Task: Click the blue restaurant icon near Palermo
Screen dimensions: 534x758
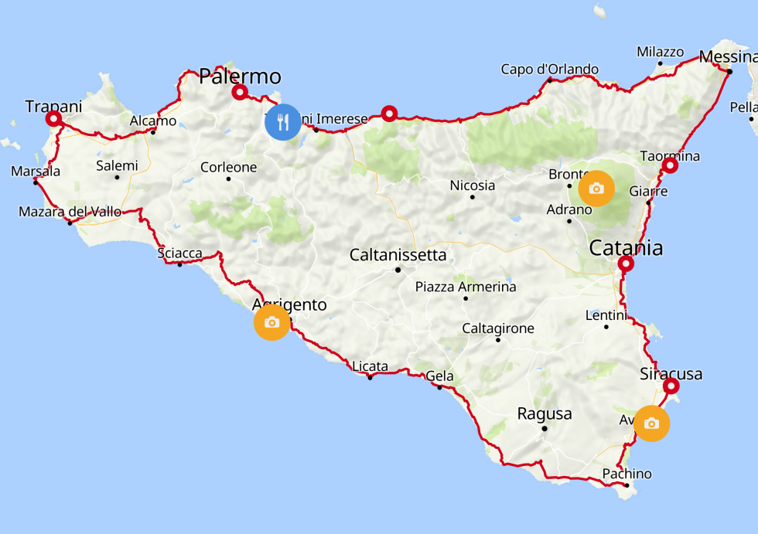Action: click(283, 122)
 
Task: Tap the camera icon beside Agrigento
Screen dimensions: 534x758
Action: click(271, 322)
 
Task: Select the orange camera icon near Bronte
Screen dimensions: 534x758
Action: click(596, 189)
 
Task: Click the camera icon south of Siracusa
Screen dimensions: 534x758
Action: click(651, 423)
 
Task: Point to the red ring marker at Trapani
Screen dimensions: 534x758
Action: click(53, 119)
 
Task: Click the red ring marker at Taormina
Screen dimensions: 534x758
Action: click(670, 165)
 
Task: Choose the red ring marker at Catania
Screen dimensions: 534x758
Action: click(626, 264)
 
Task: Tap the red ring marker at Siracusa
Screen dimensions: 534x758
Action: click(671, 386)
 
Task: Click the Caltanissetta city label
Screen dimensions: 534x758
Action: click(398, 254)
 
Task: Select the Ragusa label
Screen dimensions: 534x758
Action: click(545, 413)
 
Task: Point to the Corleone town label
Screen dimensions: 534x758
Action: click(228, 167)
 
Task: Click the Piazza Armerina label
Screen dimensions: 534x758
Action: click(466, 287)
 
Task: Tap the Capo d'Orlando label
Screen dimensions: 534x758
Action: click(549, 70)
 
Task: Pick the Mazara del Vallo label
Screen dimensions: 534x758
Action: click(70, 212)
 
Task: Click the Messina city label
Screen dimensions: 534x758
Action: click(727, 57)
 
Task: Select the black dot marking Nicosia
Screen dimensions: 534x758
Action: click(472, 196)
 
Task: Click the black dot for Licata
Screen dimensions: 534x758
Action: click(370, 377)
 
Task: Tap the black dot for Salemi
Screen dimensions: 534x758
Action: click(117, 177)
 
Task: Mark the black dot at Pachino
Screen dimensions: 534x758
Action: click(626, 485)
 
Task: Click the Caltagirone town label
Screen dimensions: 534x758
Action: click(498, 328)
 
